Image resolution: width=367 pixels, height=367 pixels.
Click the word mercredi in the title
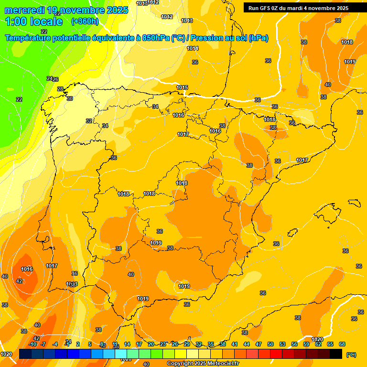24,10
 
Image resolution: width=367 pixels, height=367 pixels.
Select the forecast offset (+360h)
85,22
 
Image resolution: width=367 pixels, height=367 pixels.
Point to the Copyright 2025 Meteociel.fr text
203,364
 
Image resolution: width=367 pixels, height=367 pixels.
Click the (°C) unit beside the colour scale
351,355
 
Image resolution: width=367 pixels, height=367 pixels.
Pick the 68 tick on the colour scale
342,344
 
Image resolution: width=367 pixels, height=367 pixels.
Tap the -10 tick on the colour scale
32,344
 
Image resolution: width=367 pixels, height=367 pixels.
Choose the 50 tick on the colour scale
270,344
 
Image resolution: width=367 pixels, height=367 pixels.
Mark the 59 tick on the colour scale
306,344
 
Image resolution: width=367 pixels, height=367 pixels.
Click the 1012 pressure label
167,17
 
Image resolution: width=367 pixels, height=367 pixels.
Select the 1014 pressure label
193,48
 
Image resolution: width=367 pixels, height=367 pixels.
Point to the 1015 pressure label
182,87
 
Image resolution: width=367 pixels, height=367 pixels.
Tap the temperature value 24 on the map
49,78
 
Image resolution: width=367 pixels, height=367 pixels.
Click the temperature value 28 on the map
60,89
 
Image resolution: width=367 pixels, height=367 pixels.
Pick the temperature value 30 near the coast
70,98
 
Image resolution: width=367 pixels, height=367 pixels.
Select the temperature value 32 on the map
89,121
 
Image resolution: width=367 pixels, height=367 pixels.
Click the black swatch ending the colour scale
336,354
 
